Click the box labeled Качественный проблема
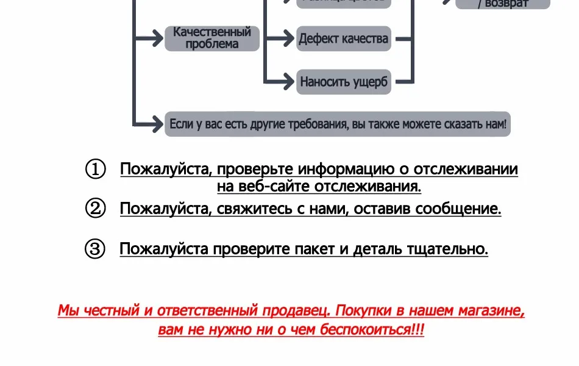(x=212, y=38)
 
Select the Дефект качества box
(x=343, y=38)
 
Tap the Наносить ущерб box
(x=343, y=82)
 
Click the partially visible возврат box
(x=503, y=4)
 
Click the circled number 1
(x=95, y=170)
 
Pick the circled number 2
(x=95, y=209)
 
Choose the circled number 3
(x=95, y=249)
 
